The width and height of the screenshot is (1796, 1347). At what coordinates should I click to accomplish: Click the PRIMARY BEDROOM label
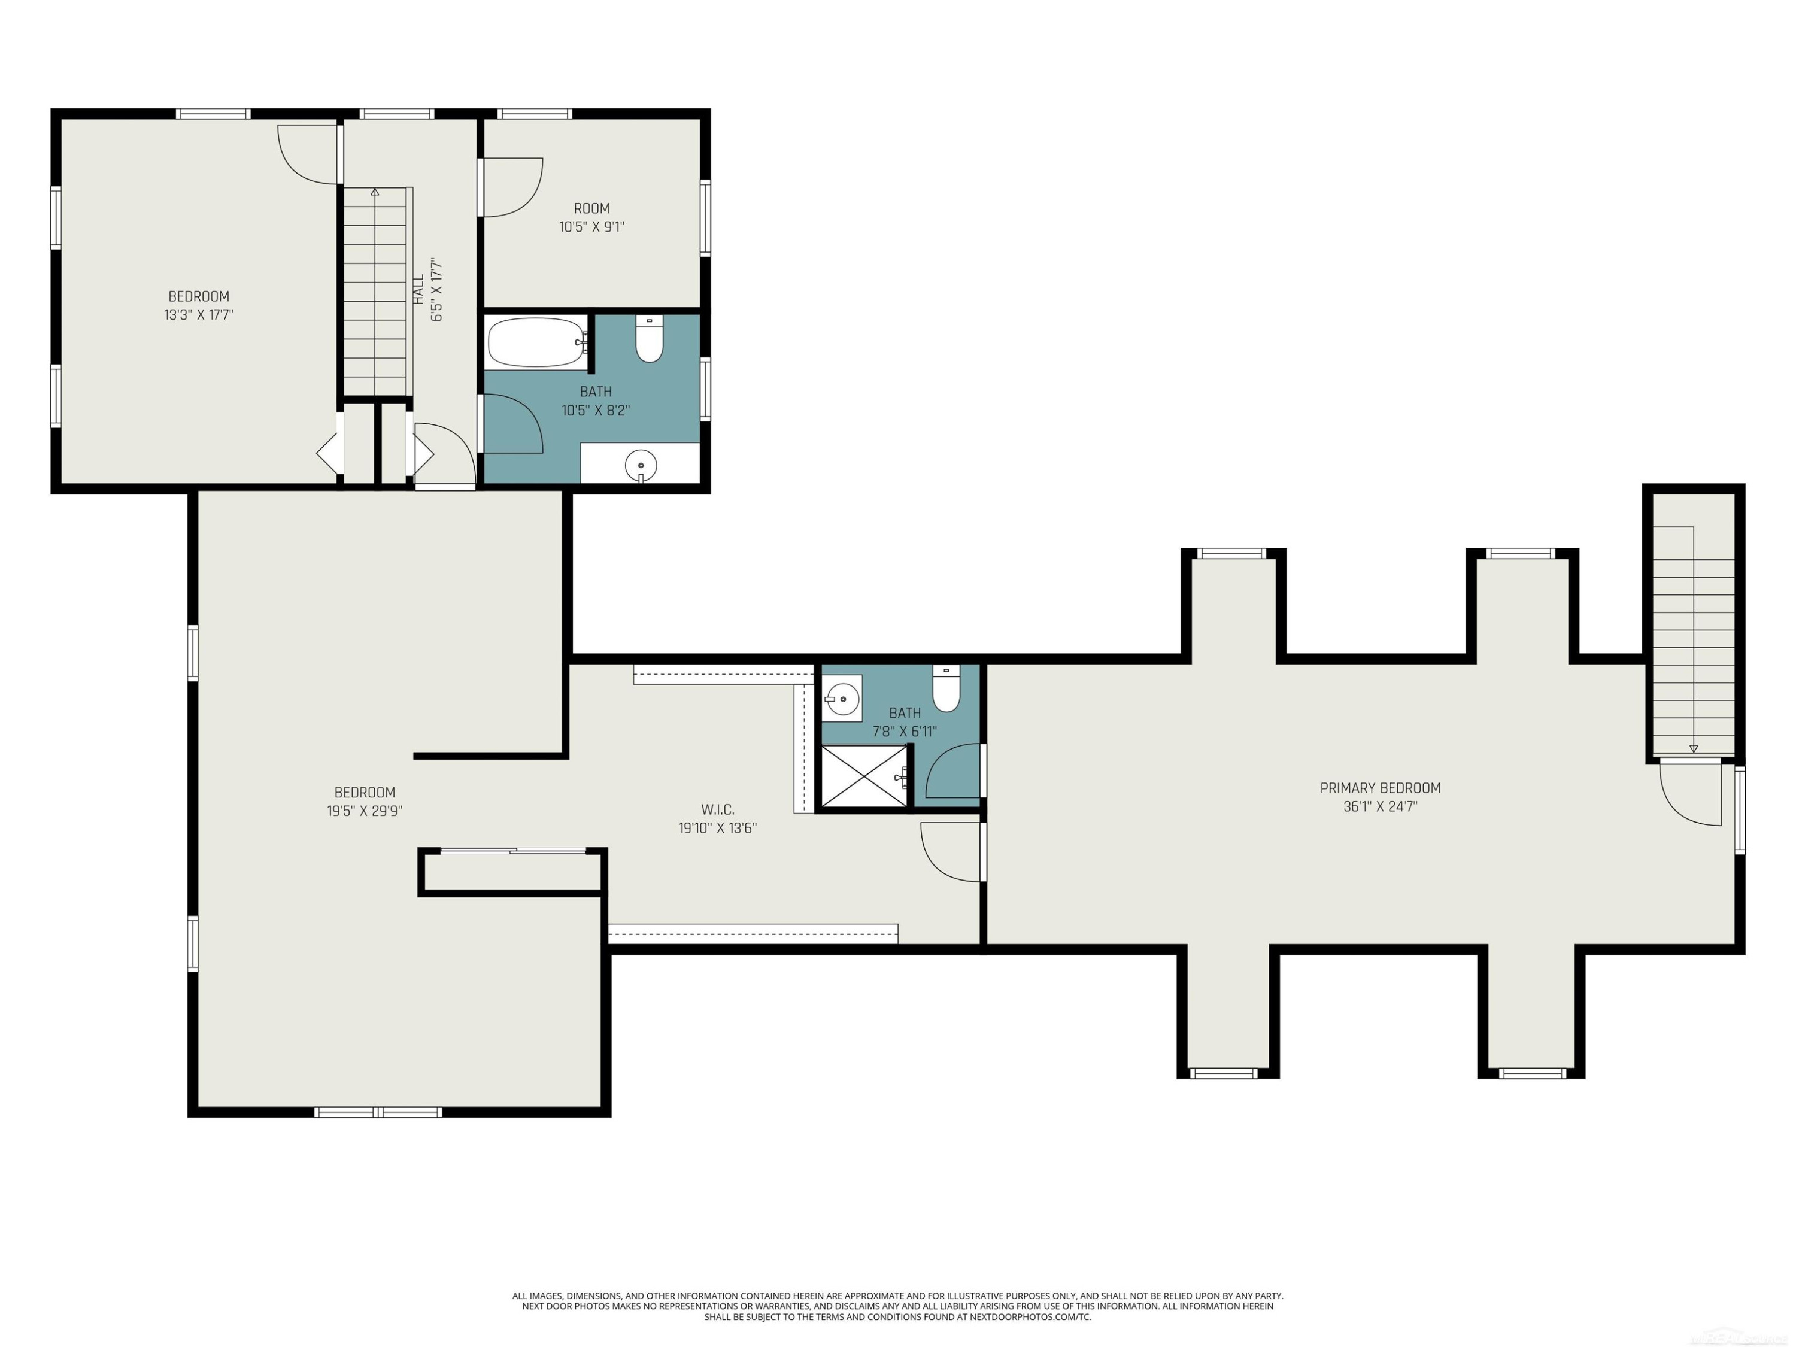[x=1381, y=788]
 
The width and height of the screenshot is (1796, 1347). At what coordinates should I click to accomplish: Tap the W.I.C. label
[x=718, y=809]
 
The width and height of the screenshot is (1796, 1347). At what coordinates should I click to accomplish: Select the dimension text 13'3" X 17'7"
[x=199, y=315]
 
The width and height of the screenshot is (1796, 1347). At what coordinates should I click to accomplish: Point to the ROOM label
[x=592, y=209]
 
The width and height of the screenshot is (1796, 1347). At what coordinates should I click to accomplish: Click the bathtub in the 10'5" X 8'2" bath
[x=536, y=342]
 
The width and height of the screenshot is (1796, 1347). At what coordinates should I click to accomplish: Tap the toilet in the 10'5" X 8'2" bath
[x=649, y=339]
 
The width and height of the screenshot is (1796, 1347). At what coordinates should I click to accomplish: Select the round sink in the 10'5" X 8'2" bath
[x=641, y=466]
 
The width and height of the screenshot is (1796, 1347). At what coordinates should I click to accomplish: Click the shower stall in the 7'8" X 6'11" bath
[x=864, y=776]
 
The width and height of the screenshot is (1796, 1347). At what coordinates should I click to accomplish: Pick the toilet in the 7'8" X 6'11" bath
[x=946, y=688]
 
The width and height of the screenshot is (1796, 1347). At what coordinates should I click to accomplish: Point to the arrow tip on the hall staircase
[x=375, y=191]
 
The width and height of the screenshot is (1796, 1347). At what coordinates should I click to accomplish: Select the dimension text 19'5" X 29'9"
[x=365, y=811]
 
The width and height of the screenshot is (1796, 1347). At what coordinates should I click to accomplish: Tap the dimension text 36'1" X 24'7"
[x=1381, y=806]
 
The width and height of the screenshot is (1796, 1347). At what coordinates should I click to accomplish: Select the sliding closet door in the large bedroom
[x=513, y=851]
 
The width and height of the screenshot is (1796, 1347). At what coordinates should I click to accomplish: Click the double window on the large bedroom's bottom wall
[x=378, y=1112]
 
